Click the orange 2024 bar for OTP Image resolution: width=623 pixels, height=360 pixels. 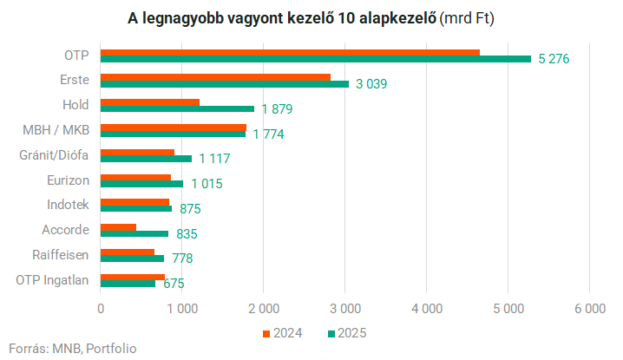pos(290,53)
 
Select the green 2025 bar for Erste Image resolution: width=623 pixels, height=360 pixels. pos(225,84)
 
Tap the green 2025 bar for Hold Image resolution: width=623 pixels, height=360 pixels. pos(177,109)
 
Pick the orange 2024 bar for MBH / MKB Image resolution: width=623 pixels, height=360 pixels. pos(174,128)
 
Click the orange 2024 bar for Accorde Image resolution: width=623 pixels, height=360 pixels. pos(118,227)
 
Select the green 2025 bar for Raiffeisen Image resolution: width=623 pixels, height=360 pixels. pos(132,259)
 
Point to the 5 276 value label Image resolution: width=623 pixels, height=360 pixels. pos(554,59)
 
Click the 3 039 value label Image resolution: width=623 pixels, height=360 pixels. pos(371,84)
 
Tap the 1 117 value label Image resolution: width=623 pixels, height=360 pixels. pos(214,159)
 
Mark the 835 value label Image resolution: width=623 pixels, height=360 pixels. pos(187,233)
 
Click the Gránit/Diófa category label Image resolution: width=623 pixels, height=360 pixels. pos(54,155)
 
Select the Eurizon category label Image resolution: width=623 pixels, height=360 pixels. pos(68,180)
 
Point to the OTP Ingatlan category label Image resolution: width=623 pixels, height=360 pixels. pos(52,280)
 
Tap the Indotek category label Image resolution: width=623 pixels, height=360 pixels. pos(68,205)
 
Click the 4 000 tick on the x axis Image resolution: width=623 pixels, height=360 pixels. pos(427,309)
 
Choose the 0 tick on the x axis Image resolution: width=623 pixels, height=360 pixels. pos(101,309)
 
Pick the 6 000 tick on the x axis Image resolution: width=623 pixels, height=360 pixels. pos(590,309)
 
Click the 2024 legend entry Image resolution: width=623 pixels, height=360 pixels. pos(283,333)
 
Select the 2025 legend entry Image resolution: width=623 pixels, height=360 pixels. pos(347,333)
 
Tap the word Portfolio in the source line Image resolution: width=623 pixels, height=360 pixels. pos(111,349)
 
